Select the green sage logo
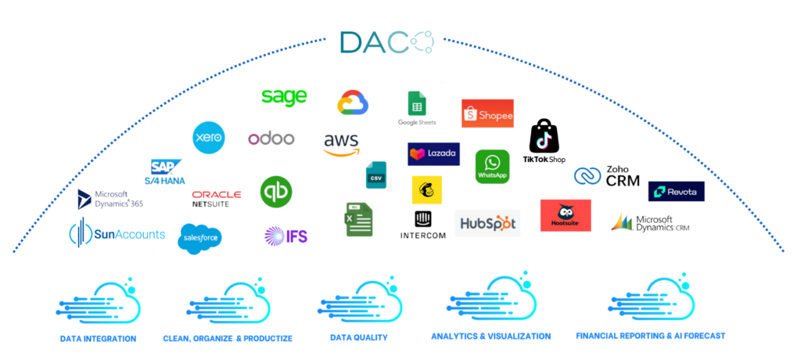coord(283,97)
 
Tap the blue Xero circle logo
coord(208,138)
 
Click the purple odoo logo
coord(271,139)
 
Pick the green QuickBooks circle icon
coord(275,192)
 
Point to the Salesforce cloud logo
coord(200,238)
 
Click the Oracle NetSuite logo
coord(216,198)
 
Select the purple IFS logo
coord(286,235)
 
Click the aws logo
coord(342,144)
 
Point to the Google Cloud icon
coord(352,103)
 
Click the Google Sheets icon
coord(416,108)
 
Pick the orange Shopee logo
coord(487,114)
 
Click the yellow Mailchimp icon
coord(426,189)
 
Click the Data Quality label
coord(358,338)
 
